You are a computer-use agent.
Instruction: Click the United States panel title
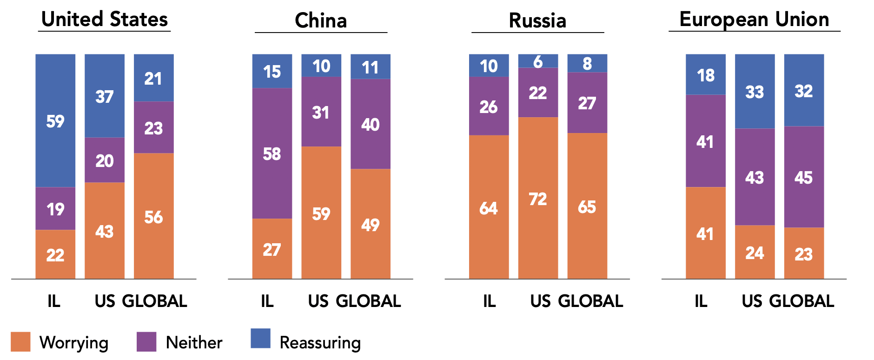(105, 20)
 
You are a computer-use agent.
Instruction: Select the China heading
(321, 21)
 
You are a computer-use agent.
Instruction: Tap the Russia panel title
(537, 21)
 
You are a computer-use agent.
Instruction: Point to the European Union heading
(754, 20)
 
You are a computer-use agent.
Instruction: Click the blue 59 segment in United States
(55, 121)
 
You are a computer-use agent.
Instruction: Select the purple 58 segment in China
(272, 153)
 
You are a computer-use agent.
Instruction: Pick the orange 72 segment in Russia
(538, 199)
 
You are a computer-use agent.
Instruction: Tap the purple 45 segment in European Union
(804, 177)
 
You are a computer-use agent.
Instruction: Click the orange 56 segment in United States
(153, 217)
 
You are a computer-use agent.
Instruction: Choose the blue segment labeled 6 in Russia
(538, 61)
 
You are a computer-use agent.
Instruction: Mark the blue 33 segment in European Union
(755, 92)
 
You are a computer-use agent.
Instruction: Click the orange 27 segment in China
(272, 249)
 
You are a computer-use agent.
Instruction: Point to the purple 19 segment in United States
(55, 209)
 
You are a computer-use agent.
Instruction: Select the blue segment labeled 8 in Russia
(587, 63)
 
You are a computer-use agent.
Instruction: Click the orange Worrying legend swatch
(20, 341)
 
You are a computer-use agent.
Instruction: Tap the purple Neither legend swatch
(146, 341)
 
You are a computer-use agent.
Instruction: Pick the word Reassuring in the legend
(320, 343)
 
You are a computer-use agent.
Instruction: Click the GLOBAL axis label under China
(368, 301)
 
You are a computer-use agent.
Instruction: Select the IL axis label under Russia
(489, 301)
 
